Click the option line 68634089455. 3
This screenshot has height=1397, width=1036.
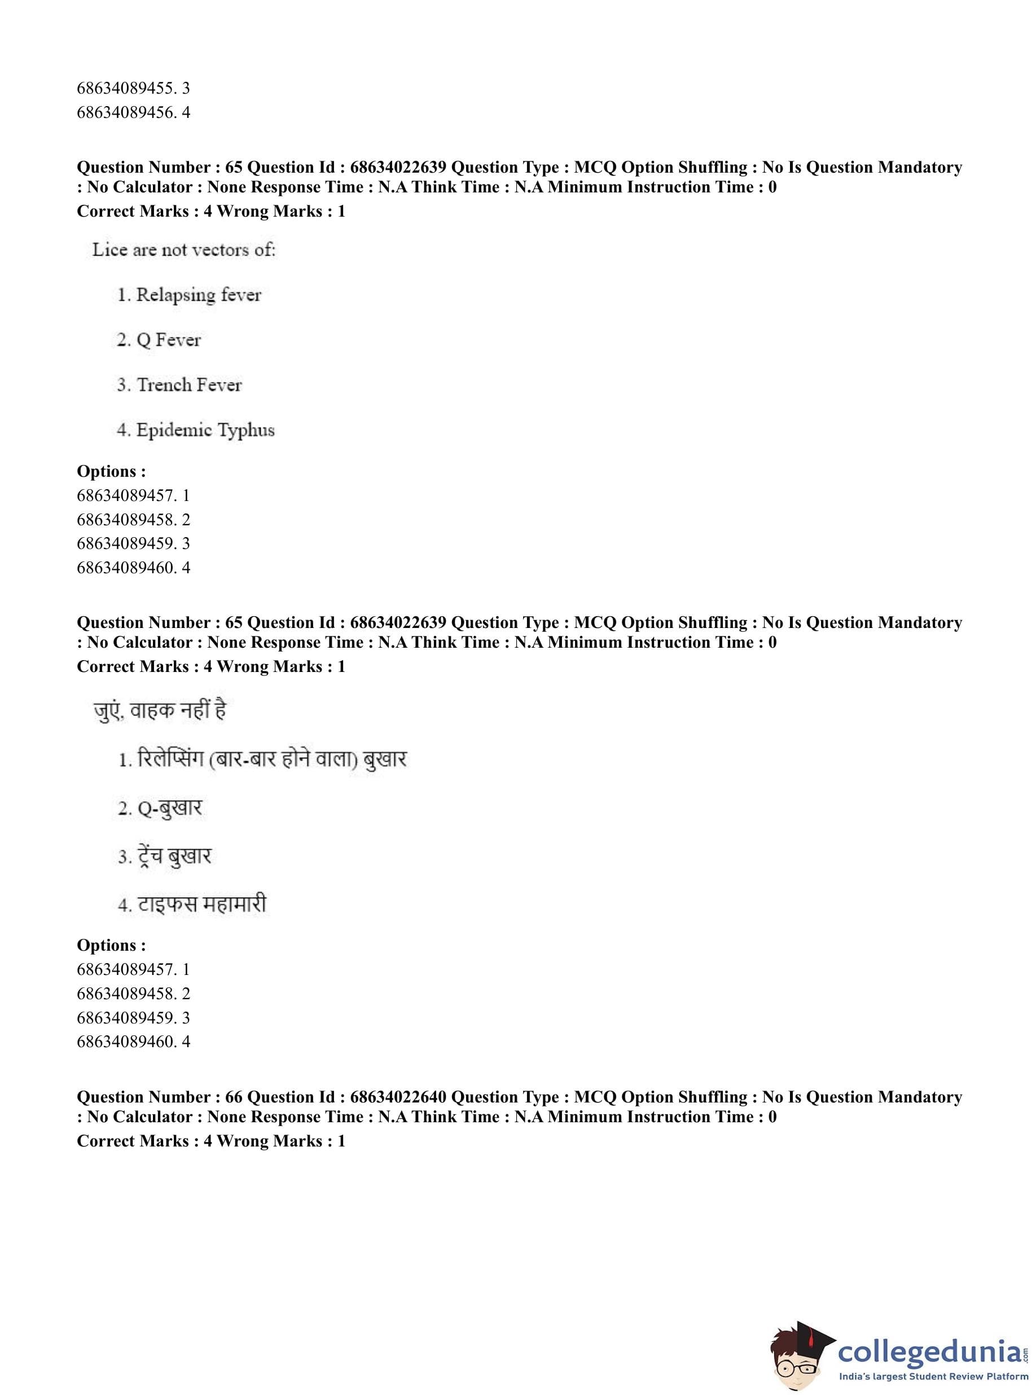pyautogui.click(x=133, y=89)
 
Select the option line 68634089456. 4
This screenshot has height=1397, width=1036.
pyautogui.click(x=133, y=113)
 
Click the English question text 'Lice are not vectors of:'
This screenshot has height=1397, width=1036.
pyautogui.click(x=184, y=250)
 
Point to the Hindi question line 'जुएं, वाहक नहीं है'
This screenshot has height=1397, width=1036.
pyautogui.click(x=159, y=710)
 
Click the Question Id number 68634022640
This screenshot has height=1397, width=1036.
pyautogui.click(x=398, y=1097)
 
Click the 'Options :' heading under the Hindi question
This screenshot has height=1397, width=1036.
pyautogui.click(x=111, y=945)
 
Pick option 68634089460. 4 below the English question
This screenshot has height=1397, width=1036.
pyautogui.click(x=133, y=568)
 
